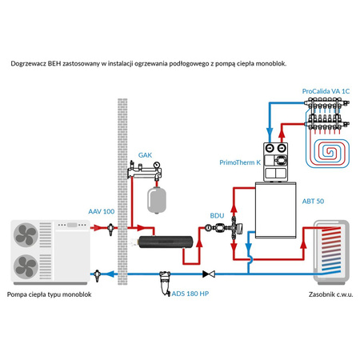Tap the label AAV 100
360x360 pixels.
101,210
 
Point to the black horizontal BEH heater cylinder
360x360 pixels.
163,240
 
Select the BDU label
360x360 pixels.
217,215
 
